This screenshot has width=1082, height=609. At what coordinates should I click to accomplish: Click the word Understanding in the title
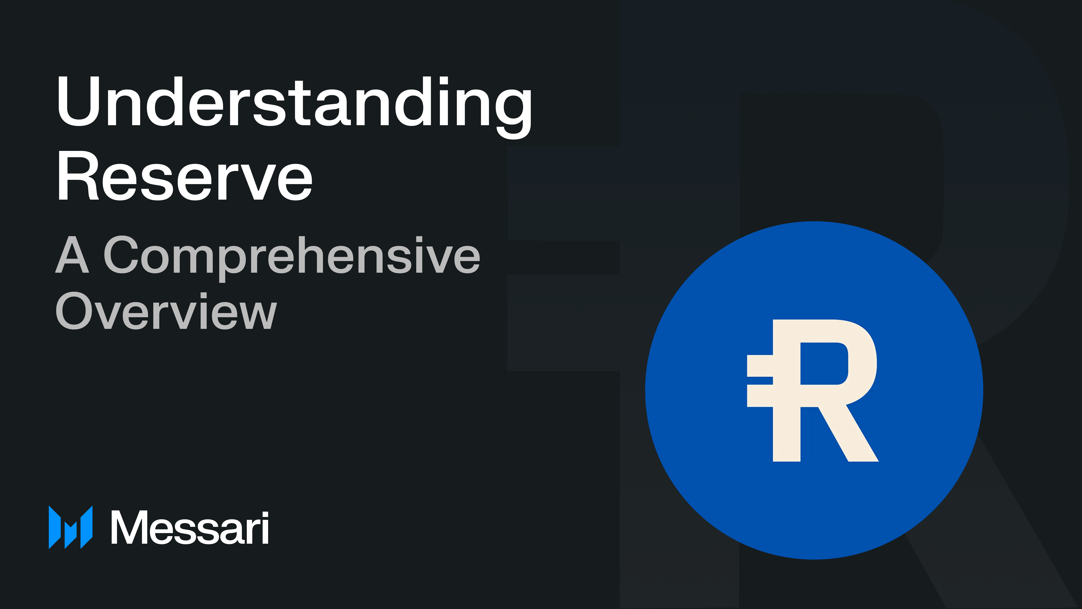(294, 103)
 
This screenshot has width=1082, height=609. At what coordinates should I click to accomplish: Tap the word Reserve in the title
(185, 176)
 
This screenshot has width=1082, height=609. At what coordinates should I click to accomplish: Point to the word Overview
(166, 311)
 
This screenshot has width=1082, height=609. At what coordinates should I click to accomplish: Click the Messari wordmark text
(190, 528)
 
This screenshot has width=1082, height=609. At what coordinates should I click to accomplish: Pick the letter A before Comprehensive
(72, 255)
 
